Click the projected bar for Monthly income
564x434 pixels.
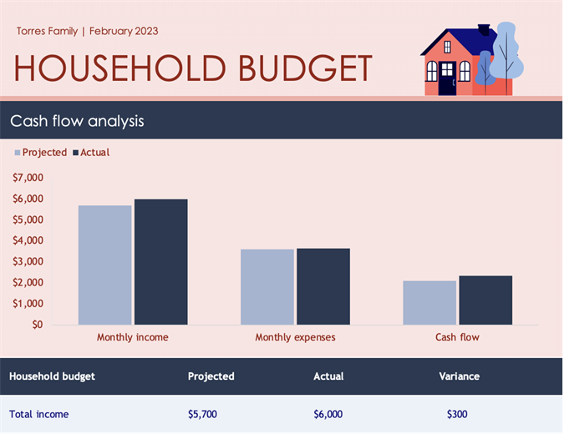(x=104, y=265)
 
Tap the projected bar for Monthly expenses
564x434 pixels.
(x=267, y=286)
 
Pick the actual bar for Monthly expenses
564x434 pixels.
(x=323, y=286)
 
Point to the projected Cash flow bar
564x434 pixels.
(x=429, y=302)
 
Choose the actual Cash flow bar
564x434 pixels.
(x=485, y=300)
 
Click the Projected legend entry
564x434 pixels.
(x=40, y=153)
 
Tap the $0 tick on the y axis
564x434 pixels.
(x=37, y=325)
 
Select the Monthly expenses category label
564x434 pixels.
(x=295, y=337)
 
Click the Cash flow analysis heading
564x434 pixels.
(x=77, y=121)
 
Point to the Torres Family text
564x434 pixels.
(x=47, y=32)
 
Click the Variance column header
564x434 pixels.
(x=460, y=376)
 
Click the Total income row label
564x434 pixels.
(x=39, y=414)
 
